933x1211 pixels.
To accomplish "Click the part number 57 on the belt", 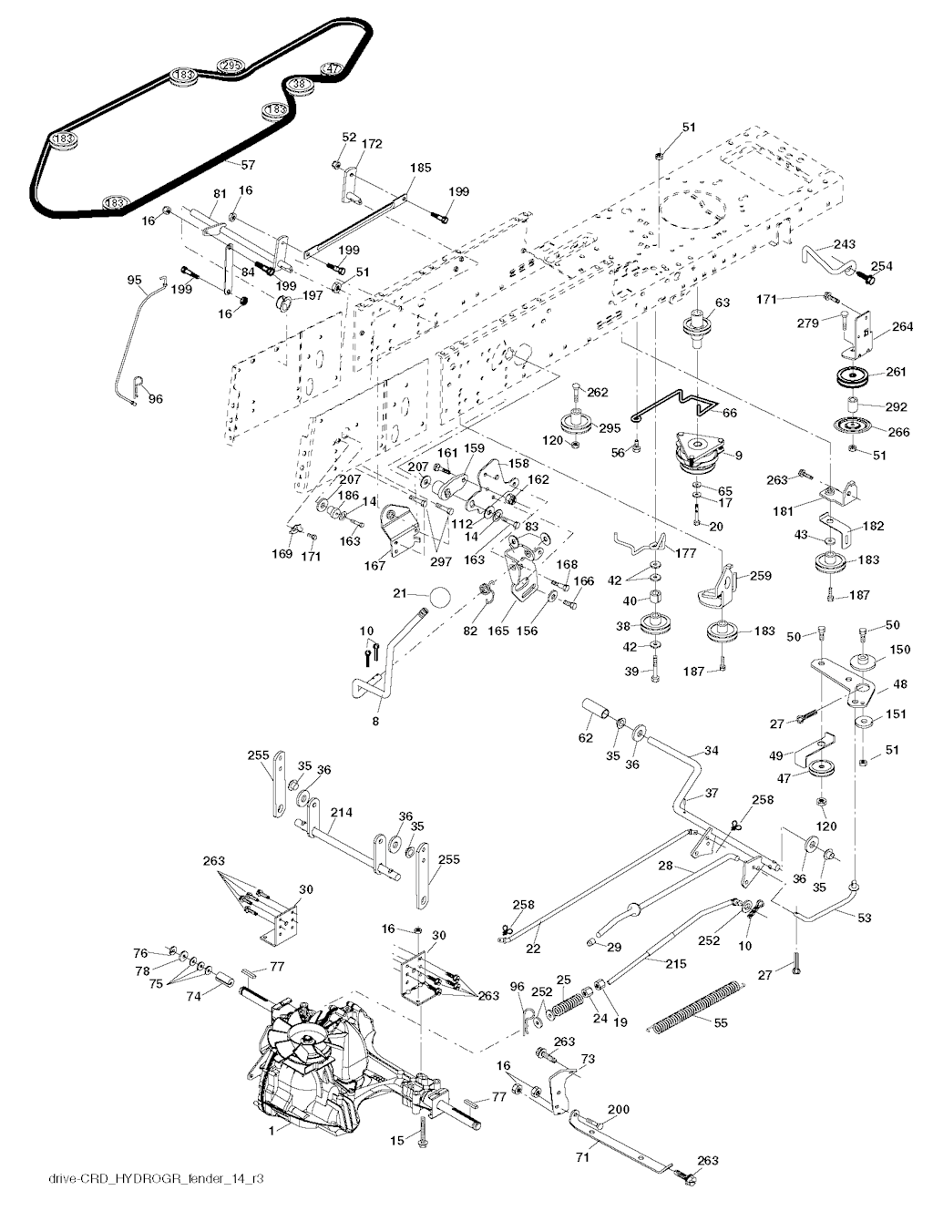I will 247,164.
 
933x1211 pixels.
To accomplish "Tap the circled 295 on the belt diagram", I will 231,66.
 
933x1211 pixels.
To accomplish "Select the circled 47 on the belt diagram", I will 332,68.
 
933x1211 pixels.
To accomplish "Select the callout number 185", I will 420,168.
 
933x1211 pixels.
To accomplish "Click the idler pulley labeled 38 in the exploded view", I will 654,627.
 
